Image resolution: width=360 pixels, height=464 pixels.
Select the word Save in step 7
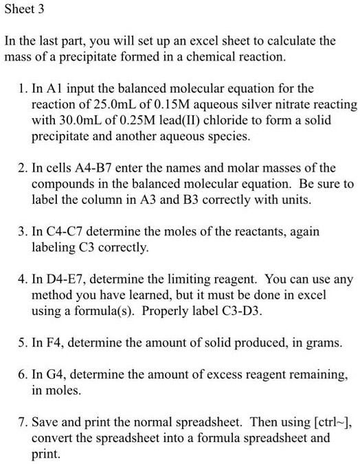pos(45,422)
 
